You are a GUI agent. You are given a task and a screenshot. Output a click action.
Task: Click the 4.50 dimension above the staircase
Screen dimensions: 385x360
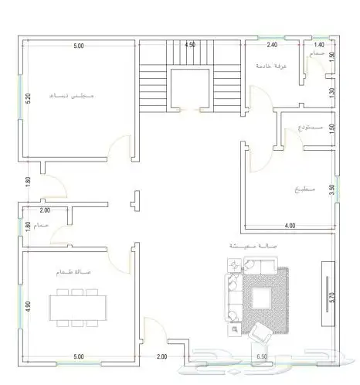click(x=189, y=46)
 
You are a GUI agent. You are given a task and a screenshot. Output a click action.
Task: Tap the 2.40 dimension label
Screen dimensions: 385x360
click(x=271, y=46)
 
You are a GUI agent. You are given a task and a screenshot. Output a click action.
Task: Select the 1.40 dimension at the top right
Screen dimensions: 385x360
click(x=318, y=46)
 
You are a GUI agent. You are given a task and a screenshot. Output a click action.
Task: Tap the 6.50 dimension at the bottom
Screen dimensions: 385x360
click(x=262, y=356)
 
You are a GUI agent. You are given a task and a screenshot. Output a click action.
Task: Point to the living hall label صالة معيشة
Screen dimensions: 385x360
click(x=253, y=245)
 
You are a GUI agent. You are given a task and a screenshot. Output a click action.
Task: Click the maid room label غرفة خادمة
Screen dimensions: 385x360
click(x=272, y=66)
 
